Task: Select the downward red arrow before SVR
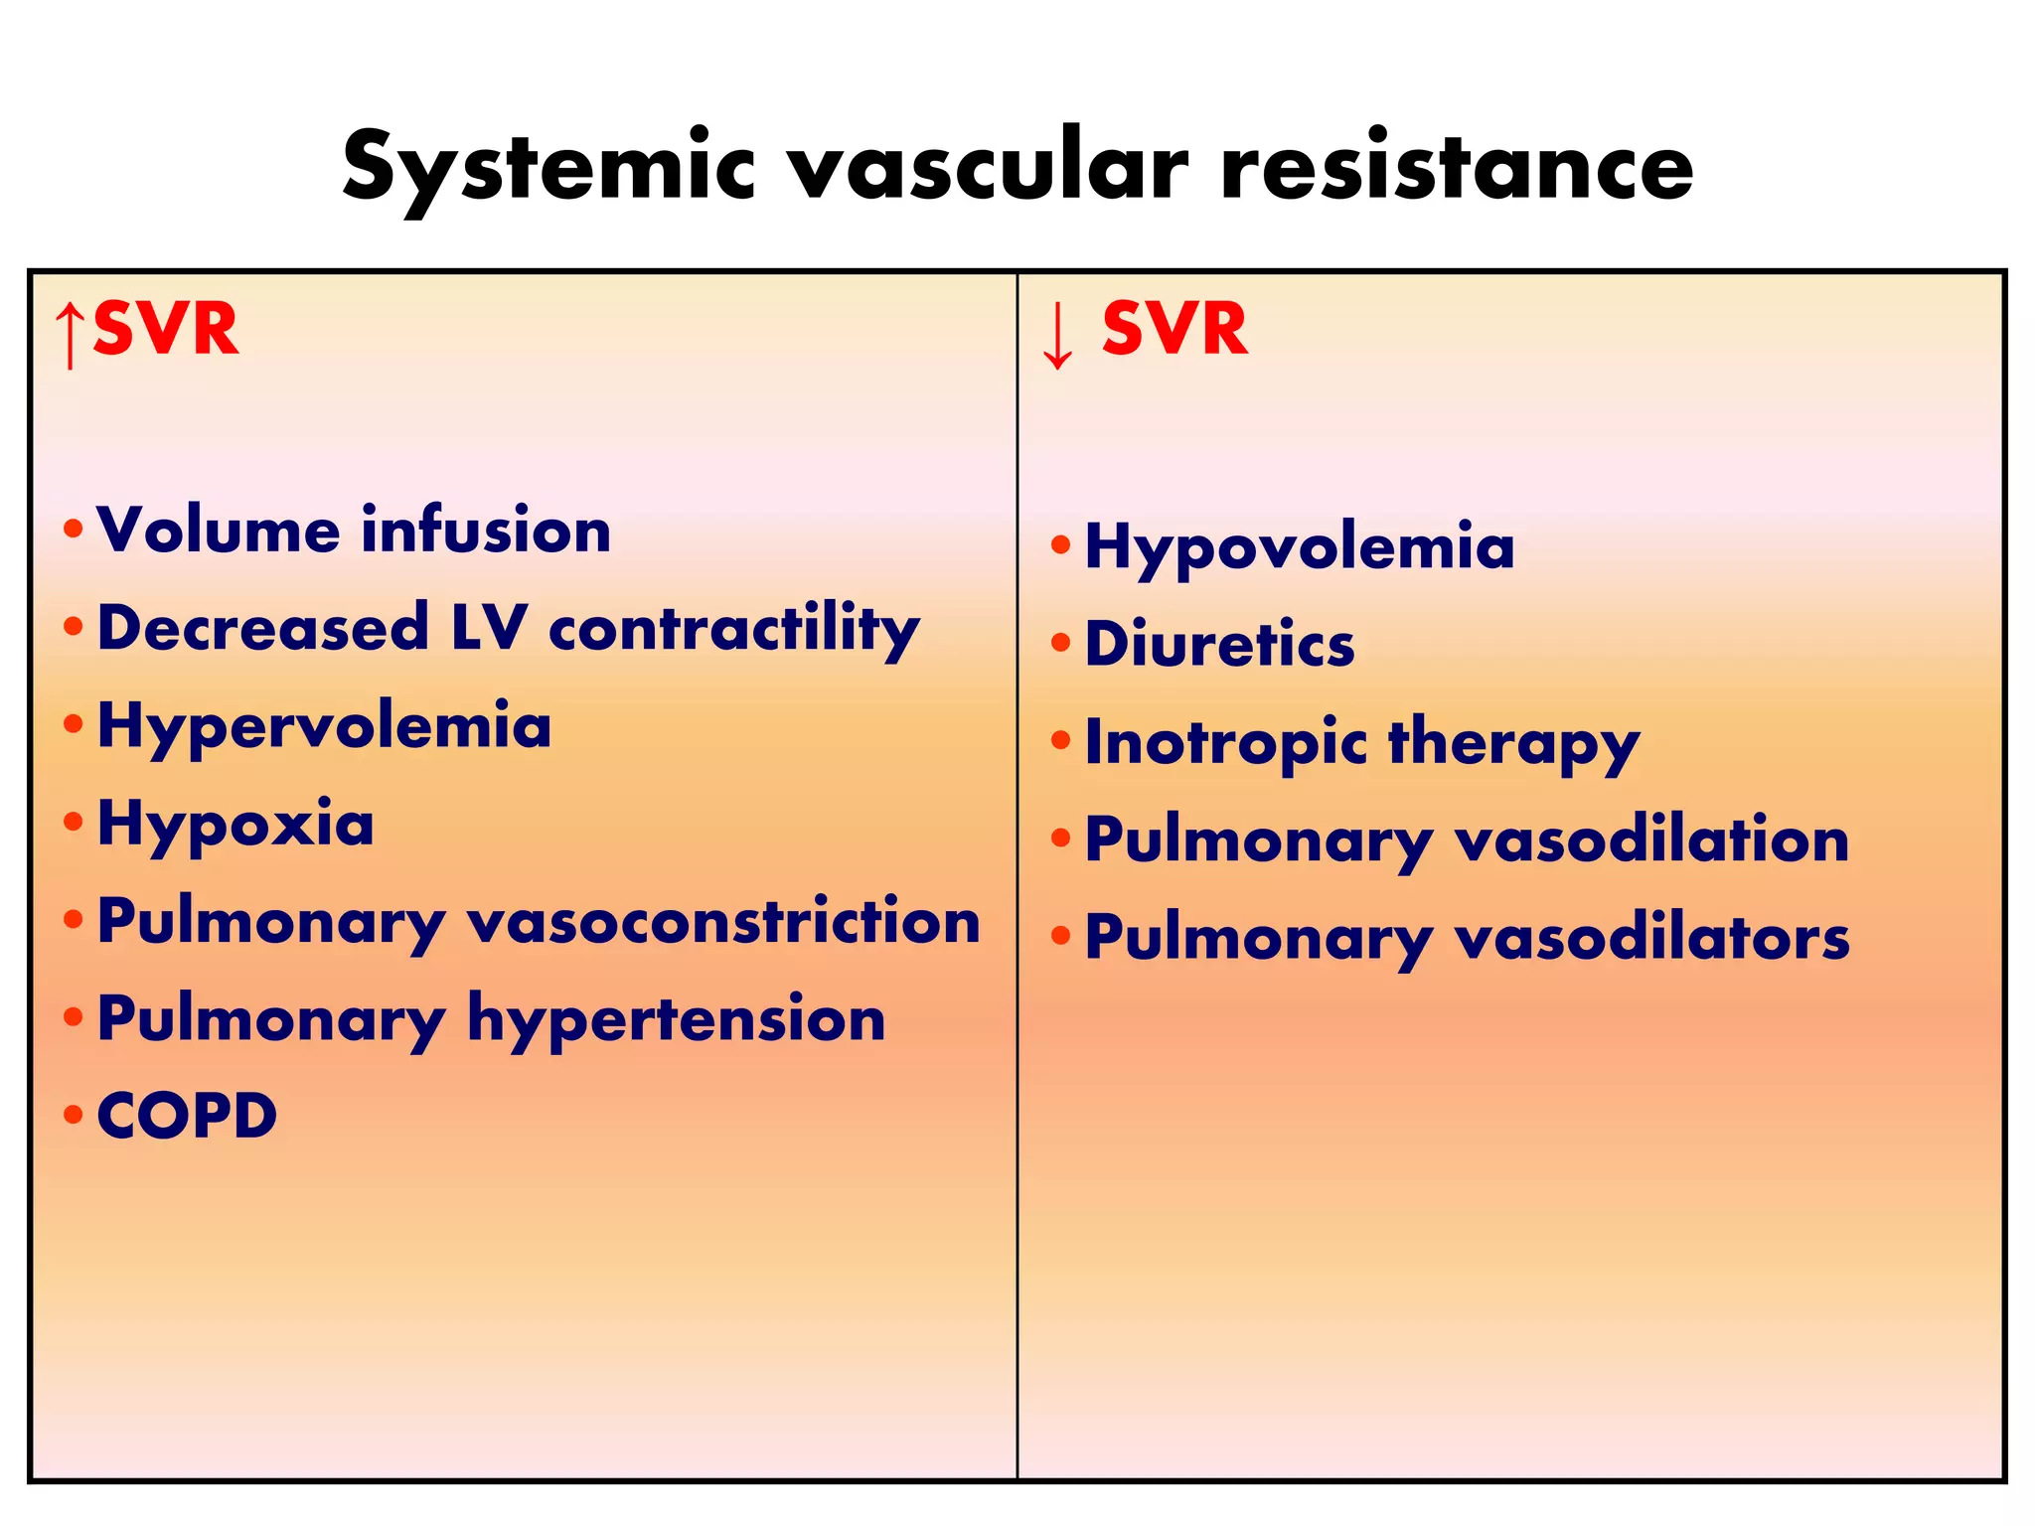tap(1057, 335)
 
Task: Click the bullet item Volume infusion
tap(354, 530)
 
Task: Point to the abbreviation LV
tap(488, 628)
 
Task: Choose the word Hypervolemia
tap(324, 726)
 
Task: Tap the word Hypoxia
tap(235, 824)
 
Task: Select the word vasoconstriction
tap(723, 921)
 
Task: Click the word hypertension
tap(676, 1019)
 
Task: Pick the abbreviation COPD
tap(187, 1116)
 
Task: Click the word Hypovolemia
tap(1300, 547)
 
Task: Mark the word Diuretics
tap(1219, 644)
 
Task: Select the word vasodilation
tap(1651, 839)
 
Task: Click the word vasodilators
tap(1651, 937)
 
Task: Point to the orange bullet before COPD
tap(73, 1115)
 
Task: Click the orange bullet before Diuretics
tap(1060, 643)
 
